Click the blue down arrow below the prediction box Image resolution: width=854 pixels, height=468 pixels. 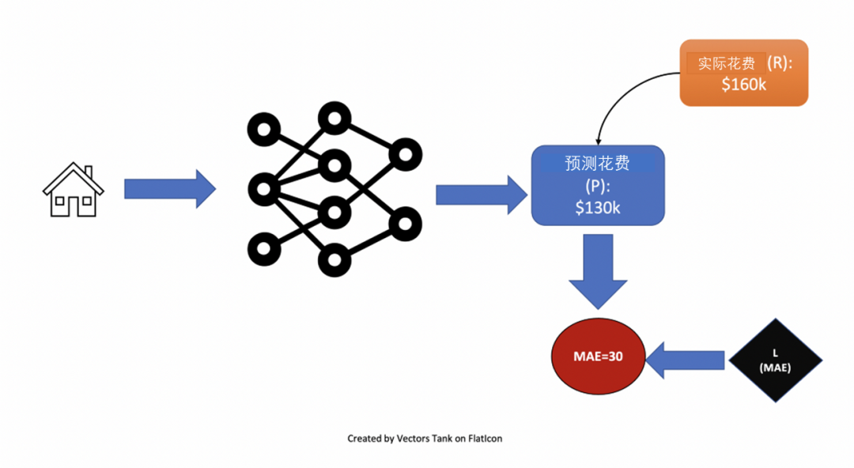pos(598,272)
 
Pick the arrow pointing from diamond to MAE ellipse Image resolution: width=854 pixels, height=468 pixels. pos(686,360)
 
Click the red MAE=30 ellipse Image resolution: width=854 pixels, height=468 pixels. pos(598,357)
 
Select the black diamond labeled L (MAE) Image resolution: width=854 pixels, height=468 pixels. pos(775,360)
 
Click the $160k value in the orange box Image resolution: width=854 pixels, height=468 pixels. pos(743,85)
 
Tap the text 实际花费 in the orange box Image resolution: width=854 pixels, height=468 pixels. pos(726,63)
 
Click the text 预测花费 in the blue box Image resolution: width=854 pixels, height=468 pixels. pos(597,163)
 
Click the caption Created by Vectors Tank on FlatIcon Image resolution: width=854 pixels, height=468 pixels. pos(425,438)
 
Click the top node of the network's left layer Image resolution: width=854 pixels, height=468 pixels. pos(263,129)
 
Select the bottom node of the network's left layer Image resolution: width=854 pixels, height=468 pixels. pos(263,249)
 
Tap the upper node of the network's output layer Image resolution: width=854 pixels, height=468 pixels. pos(405,154)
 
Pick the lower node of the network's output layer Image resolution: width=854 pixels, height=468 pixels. pos(405,224)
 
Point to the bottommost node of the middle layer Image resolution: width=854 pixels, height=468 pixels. pos(334,259)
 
